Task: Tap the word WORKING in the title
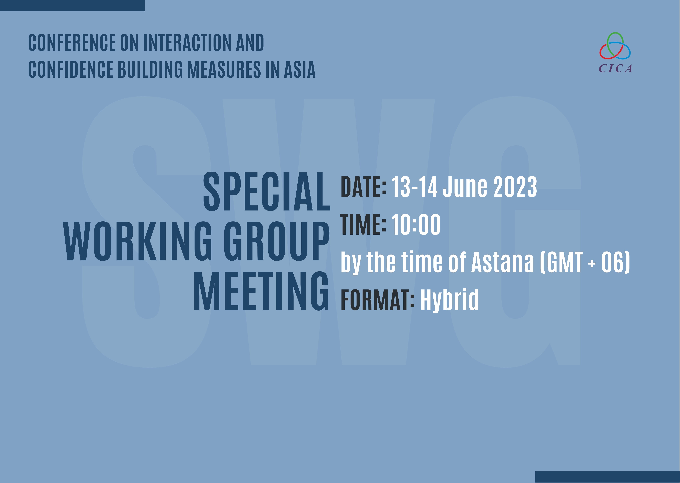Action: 138,242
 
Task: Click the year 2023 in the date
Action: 515,187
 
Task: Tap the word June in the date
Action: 465,187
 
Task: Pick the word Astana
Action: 503,262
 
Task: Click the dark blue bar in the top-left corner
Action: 72,5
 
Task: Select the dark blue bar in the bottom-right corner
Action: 608,477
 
